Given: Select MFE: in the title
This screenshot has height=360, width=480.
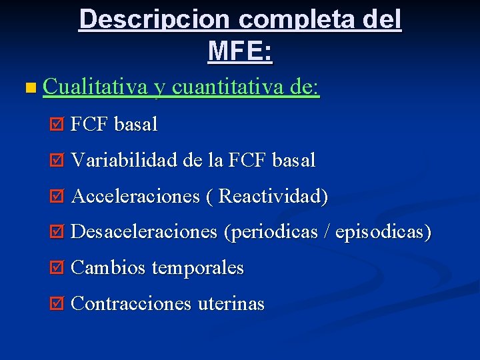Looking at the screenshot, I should coord(240,51).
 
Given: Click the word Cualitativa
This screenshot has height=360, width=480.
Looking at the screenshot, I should coord(95,87).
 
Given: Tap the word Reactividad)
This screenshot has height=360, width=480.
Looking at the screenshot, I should coord(273,197).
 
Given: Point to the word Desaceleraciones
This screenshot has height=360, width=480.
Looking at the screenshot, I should coord(144,232).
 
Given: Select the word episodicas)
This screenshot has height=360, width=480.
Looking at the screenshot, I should coord(383,232).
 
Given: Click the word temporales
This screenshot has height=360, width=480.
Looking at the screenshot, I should coord(198,268).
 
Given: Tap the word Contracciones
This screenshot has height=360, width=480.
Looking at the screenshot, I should coord(131,304).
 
